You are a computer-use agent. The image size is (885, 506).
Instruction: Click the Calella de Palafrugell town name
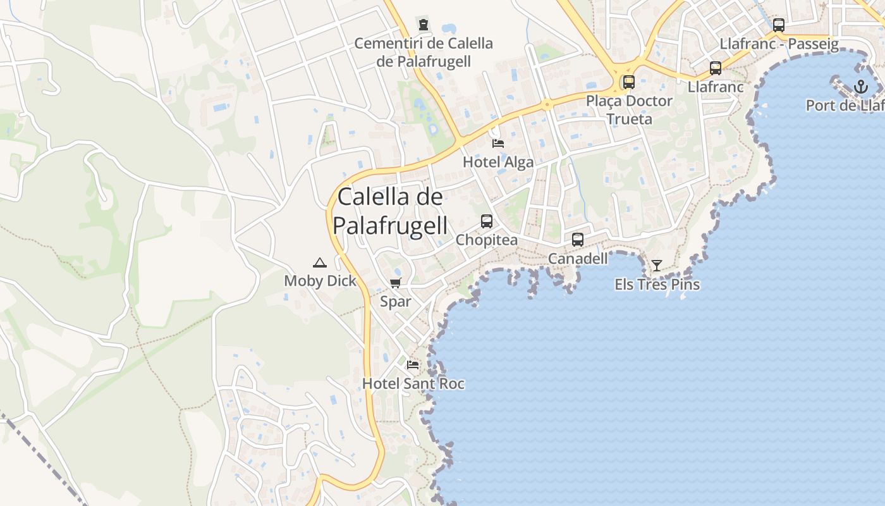tap(390, 211)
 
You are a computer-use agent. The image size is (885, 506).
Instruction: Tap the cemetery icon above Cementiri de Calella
tap(424, 25)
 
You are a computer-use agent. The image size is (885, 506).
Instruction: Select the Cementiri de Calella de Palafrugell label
tap(424, 52)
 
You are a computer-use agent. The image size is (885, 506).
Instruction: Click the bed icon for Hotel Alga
tap(498, 144)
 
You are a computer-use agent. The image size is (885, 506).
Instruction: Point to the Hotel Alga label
tap(498, 162)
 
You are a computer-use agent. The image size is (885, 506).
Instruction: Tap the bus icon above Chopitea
tap(487, 221)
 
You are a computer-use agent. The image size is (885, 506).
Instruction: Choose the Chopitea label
tap(487, 240)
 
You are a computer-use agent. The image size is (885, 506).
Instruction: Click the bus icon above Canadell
tap(578, 240)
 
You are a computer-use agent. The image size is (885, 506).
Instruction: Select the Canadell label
tap(578, 259)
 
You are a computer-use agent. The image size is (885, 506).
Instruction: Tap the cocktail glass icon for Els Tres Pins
tap(657, 266)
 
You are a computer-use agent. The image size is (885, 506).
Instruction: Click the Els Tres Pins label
tap(657, 285)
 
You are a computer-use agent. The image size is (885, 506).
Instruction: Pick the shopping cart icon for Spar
tap(396, 283)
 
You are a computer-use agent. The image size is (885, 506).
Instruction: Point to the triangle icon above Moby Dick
tap(320, 262)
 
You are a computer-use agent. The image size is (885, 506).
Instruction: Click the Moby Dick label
tap(320, 281)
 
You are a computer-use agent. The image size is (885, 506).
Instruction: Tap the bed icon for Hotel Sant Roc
tap(413, 365)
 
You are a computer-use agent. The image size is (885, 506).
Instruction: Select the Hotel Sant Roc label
tap(413, 383)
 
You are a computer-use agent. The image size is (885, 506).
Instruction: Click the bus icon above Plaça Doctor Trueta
tap(629, 82)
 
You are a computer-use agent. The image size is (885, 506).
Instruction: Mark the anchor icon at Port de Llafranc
tap(861, 87)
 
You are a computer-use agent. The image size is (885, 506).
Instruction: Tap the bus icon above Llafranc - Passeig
tap(779, 25)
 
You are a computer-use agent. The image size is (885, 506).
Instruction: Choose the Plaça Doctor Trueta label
tap(629, 109)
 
